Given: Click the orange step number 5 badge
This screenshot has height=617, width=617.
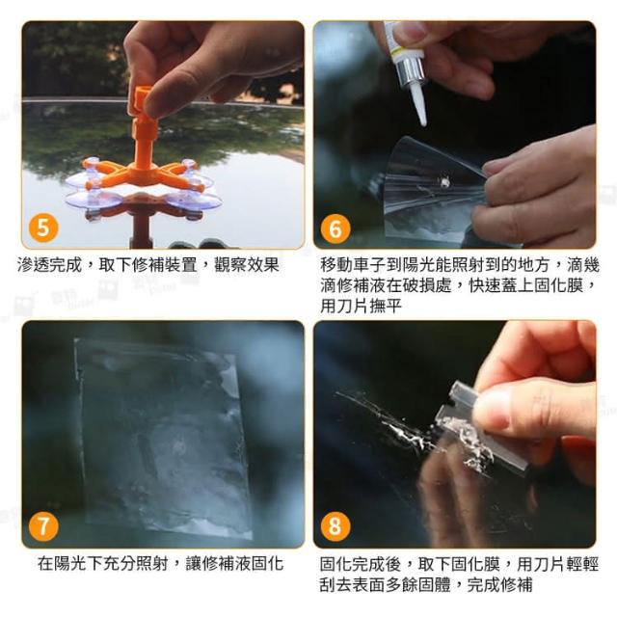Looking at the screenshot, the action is pyautogui.click(x=43, y=228).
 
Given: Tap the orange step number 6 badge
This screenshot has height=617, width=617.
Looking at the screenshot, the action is pyautogui.click(x=335, y=228).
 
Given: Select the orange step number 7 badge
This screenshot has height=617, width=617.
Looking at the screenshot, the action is pyautogui.click(x=43, y=526).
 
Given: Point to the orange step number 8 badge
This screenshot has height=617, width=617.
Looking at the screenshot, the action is pyautogui.click(x=335, y=526).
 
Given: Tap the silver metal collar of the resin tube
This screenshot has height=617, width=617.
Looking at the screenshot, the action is pyautogui.click(x=412, y=74).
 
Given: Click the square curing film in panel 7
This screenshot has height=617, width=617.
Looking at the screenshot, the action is pyautogui.click(x=161, y=437).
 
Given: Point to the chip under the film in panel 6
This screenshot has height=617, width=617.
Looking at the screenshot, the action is pyautogui.click(x=445, y=182).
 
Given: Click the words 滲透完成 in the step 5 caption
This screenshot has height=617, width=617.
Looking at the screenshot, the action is pyautogui.click(x=49, y=265).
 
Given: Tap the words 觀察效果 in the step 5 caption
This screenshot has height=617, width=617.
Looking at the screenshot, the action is pyautogui.click(x=247, y=265).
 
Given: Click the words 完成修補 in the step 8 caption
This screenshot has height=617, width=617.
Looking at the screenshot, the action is pyautogui.click(x=499, y=585).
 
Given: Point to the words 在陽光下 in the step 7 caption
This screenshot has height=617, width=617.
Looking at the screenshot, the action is pyautogui.click(x=70, y=563).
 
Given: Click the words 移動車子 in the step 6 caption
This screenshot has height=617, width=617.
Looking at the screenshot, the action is pyautogui.click(x=353, y=265).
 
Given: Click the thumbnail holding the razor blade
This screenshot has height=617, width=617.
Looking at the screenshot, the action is pyautogui.click(x=492, y=409).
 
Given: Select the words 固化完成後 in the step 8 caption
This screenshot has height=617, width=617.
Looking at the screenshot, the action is pyautogui.click(x=361, y=564).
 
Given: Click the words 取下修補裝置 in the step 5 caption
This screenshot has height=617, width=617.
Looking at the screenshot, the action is pyautogui.click(x=148, y=265).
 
